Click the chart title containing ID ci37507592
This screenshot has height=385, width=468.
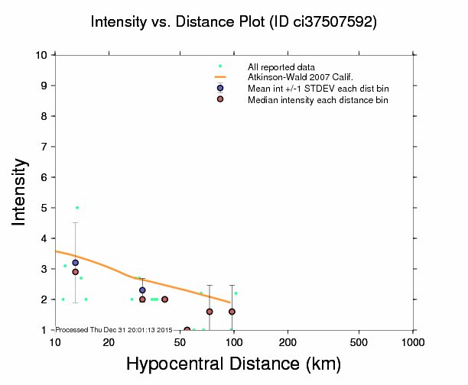click(x=233, y=22)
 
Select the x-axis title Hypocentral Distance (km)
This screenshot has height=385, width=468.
click(x=233, y=364)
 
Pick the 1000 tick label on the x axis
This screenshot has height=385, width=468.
click(x=413, y=341)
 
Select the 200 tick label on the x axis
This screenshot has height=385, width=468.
click(x=288, y=341)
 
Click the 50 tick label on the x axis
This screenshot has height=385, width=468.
click(x=180, y=341)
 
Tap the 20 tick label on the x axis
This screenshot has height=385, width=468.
click(x=109, y=341)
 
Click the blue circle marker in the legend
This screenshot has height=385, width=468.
click(x=220, y=88)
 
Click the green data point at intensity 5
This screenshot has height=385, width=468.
click(x=77, y=208)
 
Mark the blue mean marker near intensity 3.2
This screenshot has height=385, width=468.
click(x=75, y=263)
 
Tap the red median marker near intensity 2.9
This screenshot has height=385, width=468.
click(x=75, y=272)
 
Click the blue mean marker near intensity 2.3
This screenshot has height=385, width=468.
click(x=142, y=290)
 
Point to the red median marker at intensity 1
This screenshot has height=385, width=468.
click(x=187, y=330)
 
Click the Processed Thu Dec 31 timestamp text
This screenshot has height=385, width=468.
click(x=114, y=329)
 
